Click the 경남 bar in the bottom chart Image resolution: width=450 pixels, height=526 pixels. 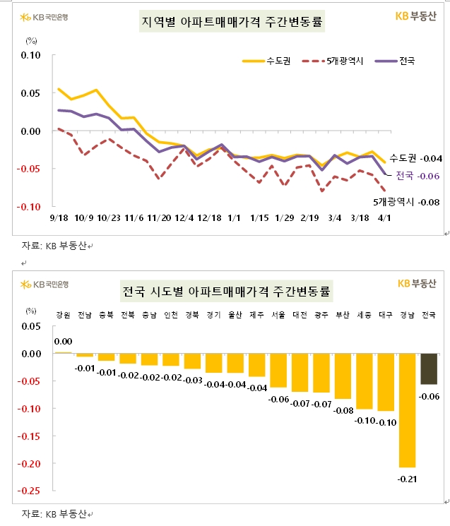(407, 410)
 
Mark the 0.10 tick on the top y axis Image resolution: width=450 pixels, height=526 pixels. (32, 55)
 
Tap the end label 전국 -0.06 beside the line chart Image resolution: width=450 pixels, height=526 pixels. (418, 176)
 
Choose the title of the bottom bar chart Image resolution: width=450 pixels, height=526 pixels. (227, 291)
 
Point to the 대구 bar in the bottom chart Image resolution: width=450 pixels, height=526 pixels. (386, 382)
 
